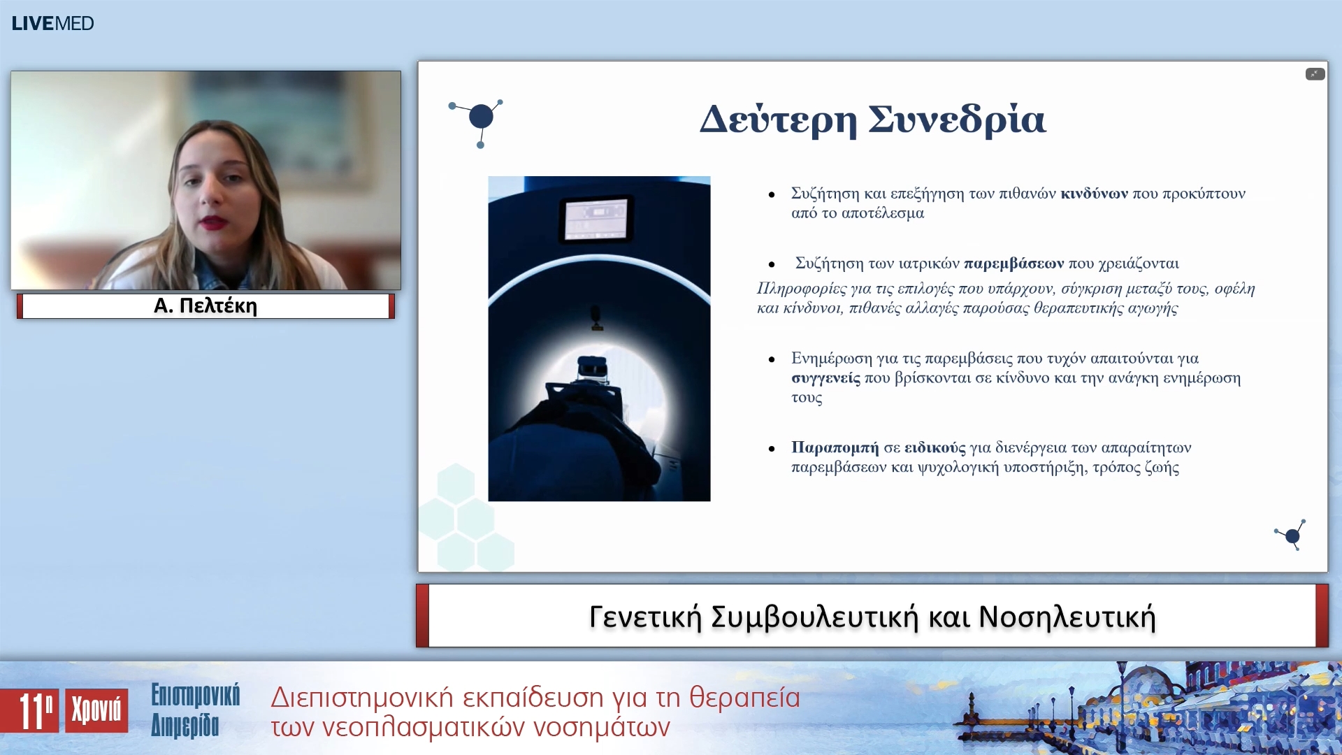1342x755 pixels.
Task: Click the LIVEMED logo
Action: (x=52, y=23)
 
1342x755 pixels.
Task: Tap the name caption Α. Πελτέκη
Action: (x=205, y=306)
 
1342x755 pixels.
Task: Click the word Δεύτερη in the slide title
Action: (x=778, y=120)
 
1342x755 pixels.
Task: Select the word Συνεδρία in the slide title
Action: (x=957, y=120)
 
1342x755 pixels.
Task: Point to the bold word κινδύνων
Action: (x=1094, y=194)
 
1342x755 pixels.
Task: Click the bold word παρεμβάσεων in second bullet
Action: (x=1013, y=264)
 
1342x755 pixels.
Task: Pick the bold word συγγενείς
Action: (x=825, y=378)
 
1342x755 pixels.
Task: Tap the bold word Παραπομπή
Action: (x=835, y=447)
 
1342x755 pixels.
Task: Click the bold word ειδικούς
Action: (x=935, y=447)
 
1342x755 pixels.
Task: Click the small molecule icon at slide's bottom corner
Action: (x=1291, y=535)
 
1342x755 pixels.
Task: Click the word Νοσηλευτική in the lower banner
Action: (x=1067, y=617)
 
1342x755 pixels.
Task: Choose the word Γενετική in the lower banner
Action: (x=644, y=617)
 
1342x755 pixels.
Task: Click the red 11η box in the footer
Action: (x=30, y=711)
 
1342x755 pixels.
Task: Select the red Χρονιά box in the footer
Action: (x=96, y=710)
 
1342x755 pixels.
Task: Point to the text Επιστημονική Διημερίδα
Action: (x=195, y=710)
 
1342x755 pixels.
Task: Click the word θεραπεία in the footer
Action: (x=744, y=698)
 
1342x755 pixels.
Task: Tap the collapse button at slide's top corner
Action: (x=1314, y=74)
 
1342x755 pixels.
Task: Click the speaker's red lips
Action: (x=211, y=223)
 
